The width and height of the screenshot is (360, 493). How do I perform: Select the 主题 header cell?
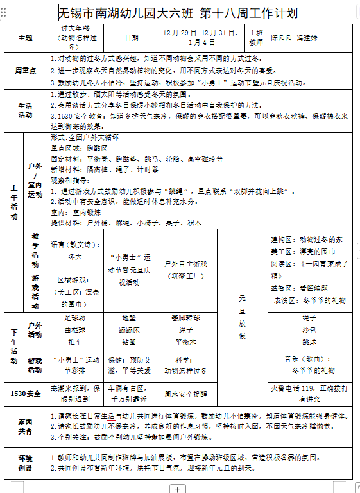click(26, 38)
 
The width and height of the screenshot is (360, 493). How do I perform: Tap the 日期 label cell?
click(131, 38)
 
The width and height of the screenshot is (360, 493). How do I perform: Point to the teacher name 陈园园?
click(280, 38)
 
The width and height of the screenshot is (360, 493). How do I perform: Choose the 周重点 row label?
click(26, 70)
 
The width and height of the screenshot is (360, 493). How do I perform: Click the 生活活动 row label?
click(26, 110)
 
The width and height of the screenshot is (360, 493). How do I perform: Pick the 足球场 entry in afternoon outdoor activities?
click(75, 318)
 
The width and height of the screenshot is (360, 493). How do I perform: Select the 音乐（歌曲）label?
click(309, 359)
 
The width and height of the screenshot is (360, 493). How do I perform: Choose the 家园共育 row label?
click(26, 425)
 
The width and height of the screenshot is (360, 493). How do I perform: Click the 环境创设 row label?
click(26, 462)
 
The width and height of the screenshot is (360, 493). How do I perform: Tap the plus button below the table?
click(177, 489)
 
